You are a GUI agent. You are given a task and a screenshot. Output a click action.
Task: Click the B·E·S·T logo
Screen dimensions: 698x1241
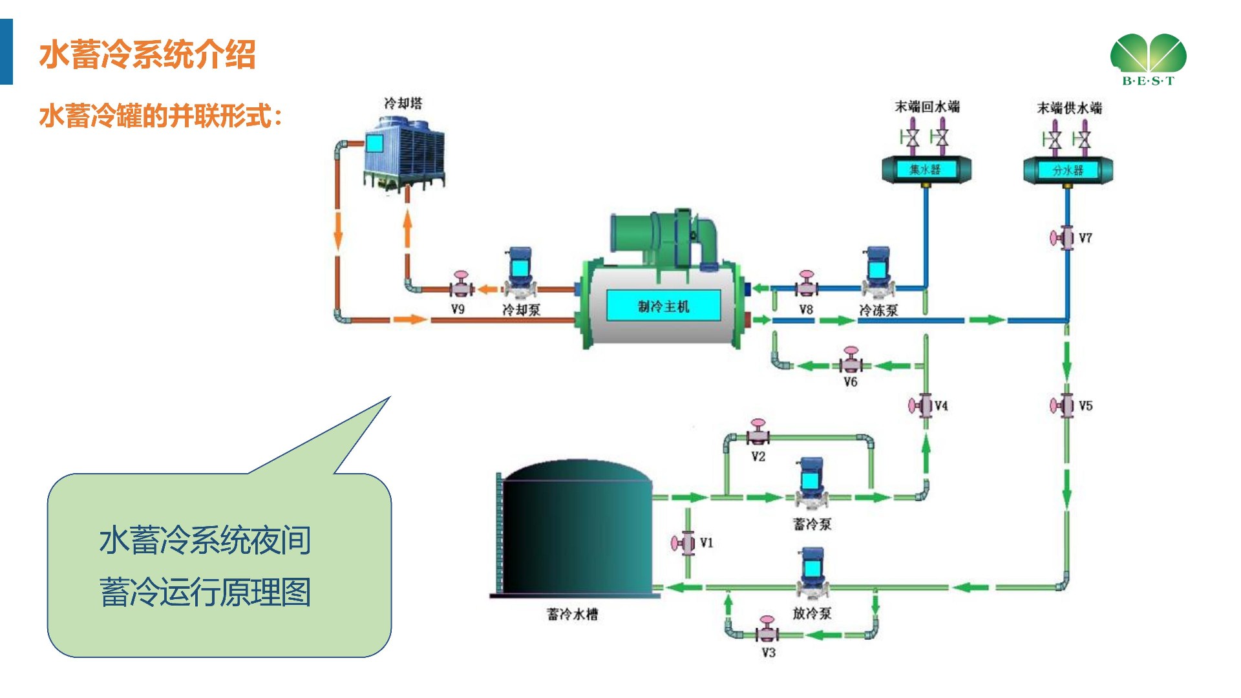[x=1148, y=59]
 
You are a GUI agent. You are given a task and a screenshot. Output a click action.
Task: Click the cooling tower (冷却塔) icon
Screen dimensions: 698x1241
[x=404, y=154]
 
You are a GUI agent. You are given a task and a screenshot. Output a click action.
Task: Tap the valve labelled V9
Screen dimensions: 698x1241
[x=461, y=285]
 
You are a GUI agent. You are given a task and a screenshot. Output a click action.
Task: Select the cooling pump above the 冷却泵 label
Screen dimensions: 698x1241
[x=519, y=271]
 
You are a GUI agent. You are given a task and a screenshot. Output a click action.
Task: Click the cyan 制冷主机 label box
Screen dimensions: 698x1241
[x=663, y=306]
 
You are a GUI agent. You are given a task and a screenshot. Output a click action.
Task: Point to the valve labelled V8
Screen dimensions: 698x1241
[x=805, y=284]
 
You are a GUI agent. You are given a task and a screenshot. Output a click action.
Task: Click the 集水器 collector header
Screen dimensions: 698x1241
[x=926, y=169]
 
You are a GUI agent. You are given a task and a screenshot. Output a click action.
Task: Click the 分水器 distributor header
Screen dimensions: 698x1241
[x=1068, y=170]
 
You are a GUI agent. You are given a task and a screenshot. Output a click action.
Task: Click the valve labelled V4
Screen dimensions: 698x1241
[x=922, y=405]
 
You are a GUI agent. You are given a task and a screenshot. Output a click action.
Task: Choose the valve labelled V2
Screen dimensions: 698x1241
[x=758, y=433]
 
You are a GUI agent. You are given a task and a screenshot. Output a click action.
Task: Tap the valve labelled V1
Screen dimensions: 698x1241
[x=685, y=542]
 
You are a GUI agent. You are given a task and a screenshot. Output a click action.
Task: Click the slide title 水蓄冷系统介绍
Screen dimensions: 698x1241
[x=147, y=54]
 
